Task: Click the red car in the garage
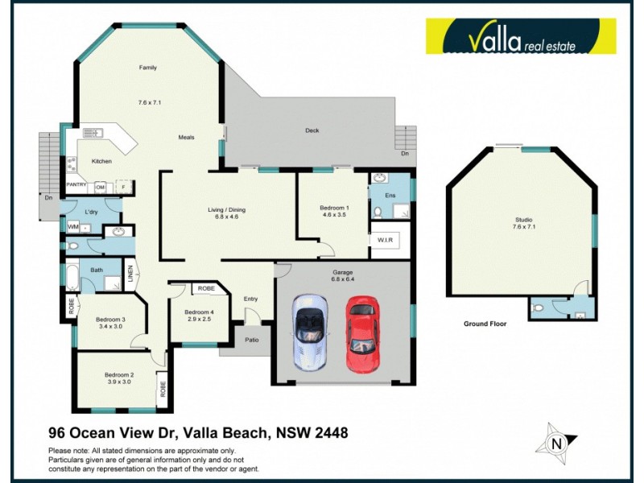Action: pos(362,335)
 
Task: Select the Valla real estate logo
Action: pos(521,36)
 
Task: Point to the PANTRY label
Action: pos(76,185)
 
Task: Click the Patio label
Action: pos(253,341)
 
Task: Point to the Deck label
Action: pos(312,130)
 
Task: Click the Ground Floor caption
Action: pos(485,324)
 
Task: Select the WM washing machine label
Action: pos(72,227)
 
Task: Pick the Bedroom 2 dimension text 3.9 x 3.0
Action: pos(118,383)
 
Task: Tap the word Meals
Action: pos(186,138)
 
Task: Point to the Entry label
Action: pos(250,299)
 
